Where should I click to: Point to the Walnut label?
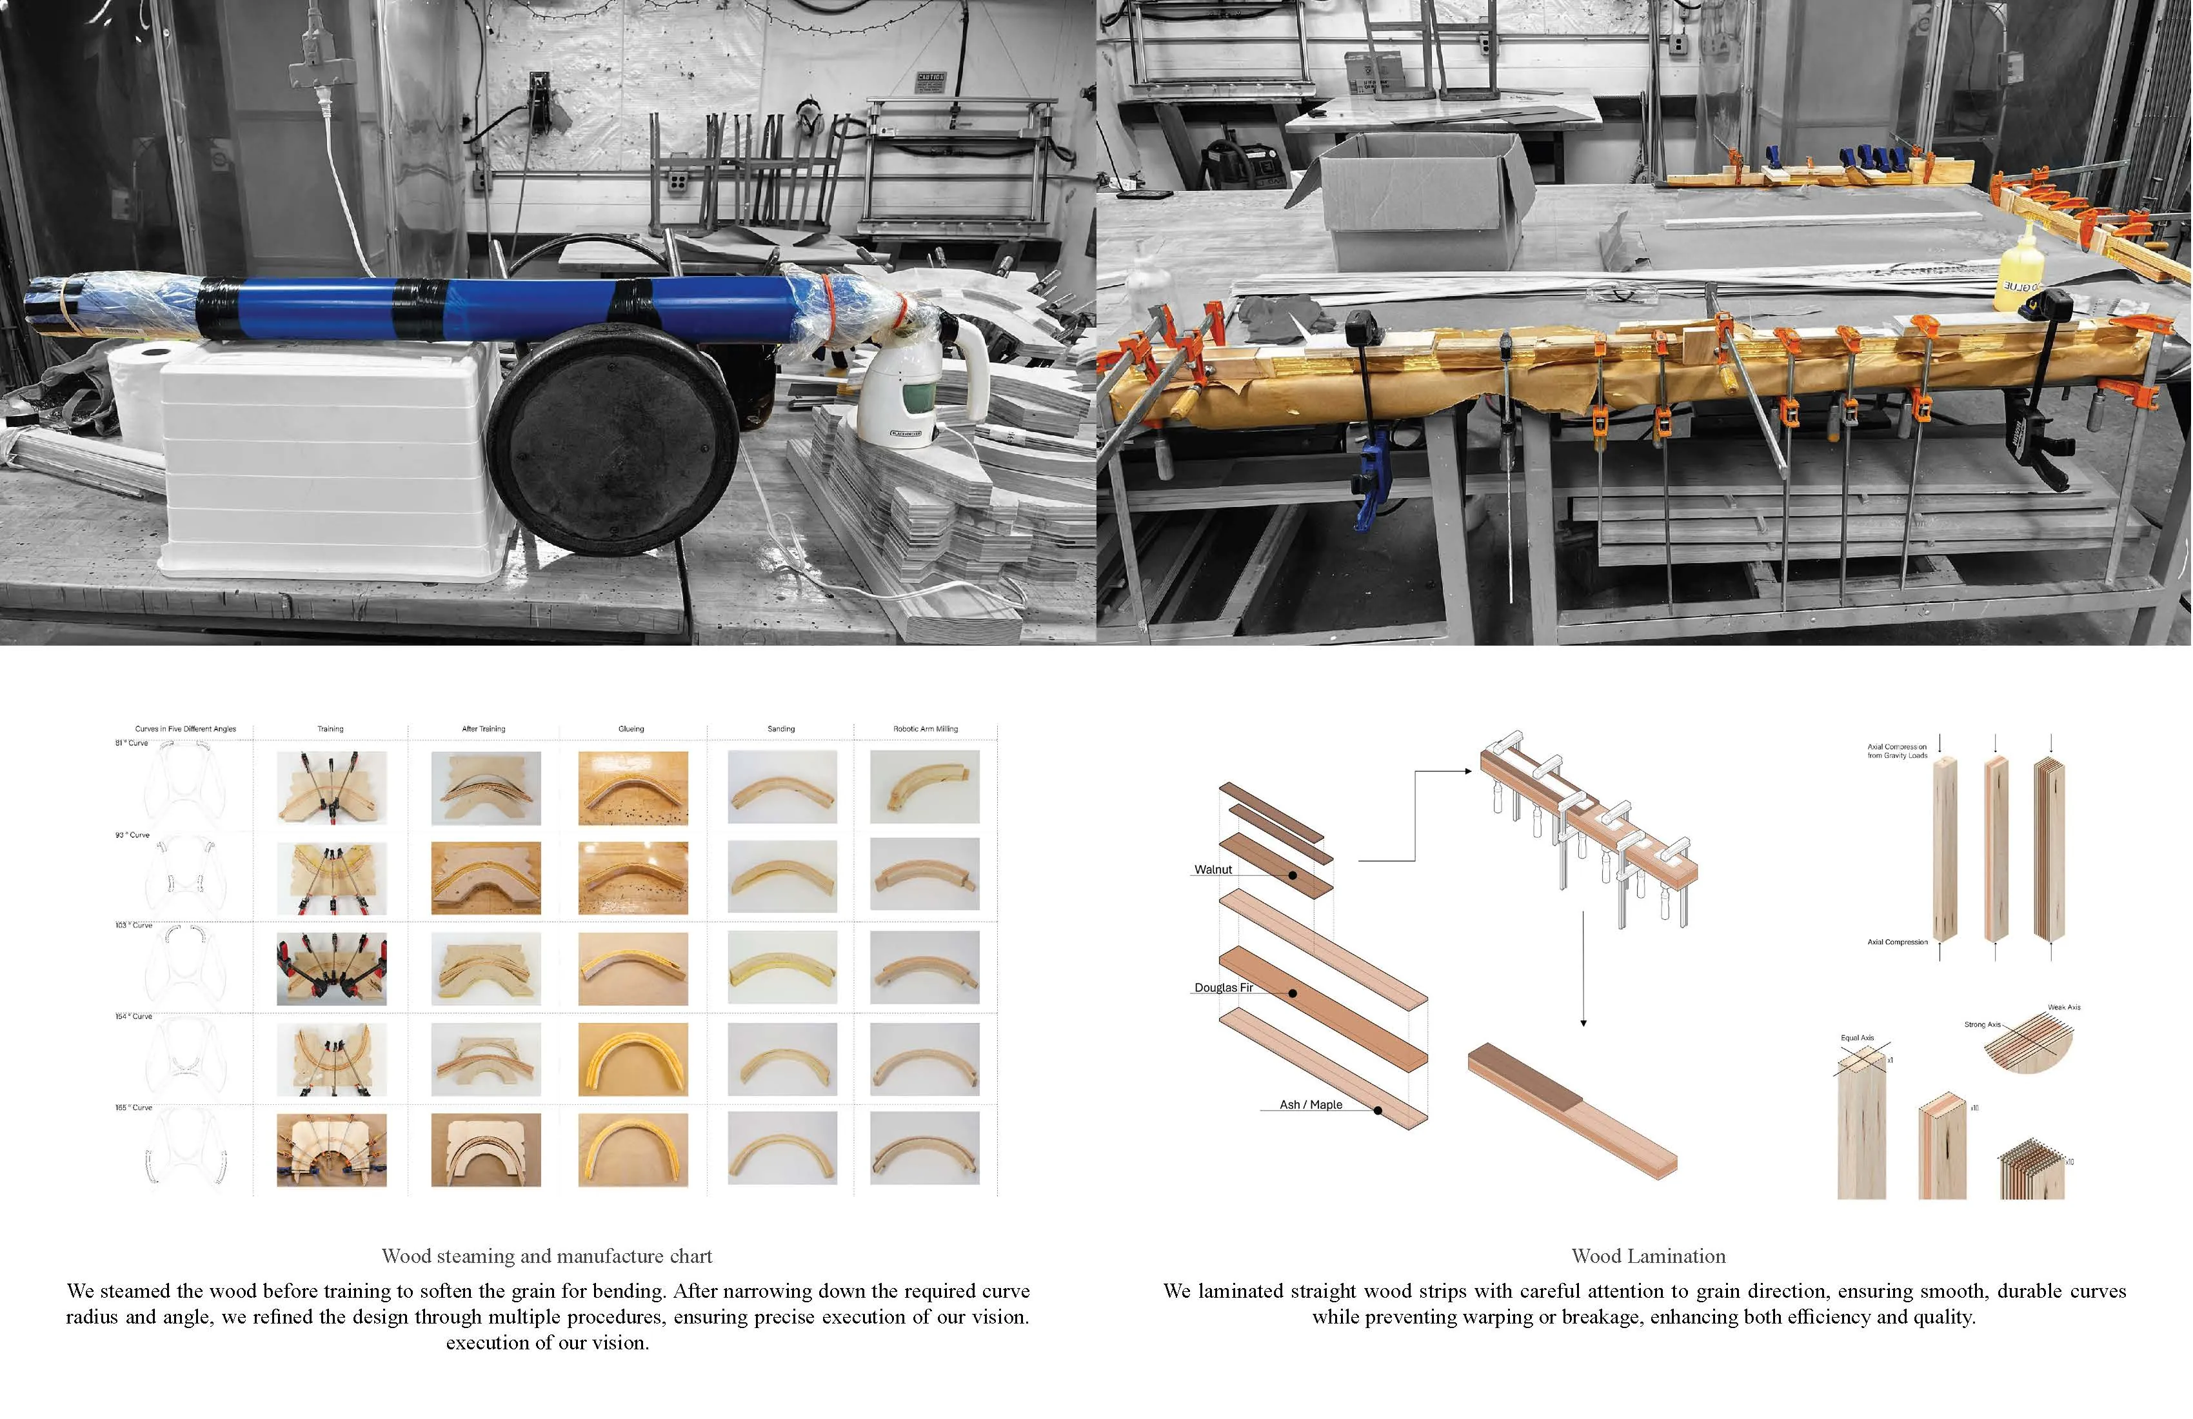[1213, 869]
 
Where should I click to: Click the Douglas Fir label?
[1224, 987]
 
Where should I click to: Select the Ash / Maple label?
[1310, 1104]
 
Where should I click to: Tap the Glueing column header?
[631, 729]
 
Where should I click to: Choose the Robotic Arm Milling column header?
[925, 729]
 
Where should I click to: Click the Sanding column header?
[781, 729]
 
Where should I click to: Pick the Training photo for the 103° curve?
[332, 968]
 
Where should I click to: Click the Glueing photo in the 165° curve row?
[633, 1149]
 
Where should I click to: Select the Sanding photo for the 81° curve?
[782, 787]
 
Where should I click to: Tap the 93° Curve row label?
[132, 835]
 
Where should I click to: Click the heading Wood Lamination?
[1649, 1256]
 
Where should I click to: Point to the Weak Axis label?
[2064, 1007]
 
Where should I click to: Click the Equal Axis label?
[1858, 1038]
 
